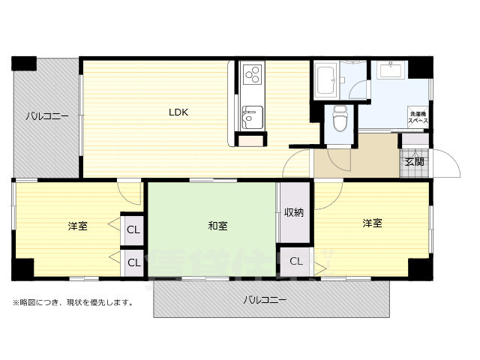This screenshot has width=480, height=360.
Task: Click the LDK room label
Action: [x=178, y=112]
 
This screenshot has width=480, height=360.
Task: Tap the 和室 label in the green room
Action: [x=218, y=225]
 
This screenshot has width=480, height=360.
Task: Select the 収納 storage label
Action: [x=294, y=212]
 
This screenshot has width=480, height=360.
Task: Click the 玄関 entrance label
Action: [x=414, y=161]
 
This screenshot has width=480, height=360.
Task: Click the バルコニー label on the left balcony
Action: [x=46, y=117]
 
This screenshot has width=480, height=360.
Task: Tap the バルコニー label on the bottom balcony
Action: [x=264, y=300]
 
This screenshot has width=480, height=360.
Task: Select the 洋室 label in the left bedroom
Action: [x=77, y=225]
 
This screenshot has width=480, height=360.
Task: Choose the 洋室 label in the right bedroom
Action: [x=373, y=223]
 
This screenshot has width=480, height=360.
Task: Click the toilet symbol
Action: [x=338, y=118]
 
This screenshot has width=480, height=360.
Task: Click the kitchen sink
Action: [x=250, y=117]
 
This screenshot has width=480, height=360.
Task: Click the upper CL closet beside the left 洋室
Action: [x=132, y=230]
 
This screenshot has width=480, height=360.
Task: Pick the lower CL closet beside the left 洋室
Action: [x=132, y=262]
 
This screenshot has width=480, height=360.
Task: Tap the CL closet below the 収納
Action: [x=295, y=261]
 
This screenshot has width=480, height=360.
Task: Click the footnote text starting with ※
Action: [x=73, y=303]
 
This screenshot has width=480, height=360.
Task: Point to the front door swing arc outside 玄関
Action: [x=448, y=163]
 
